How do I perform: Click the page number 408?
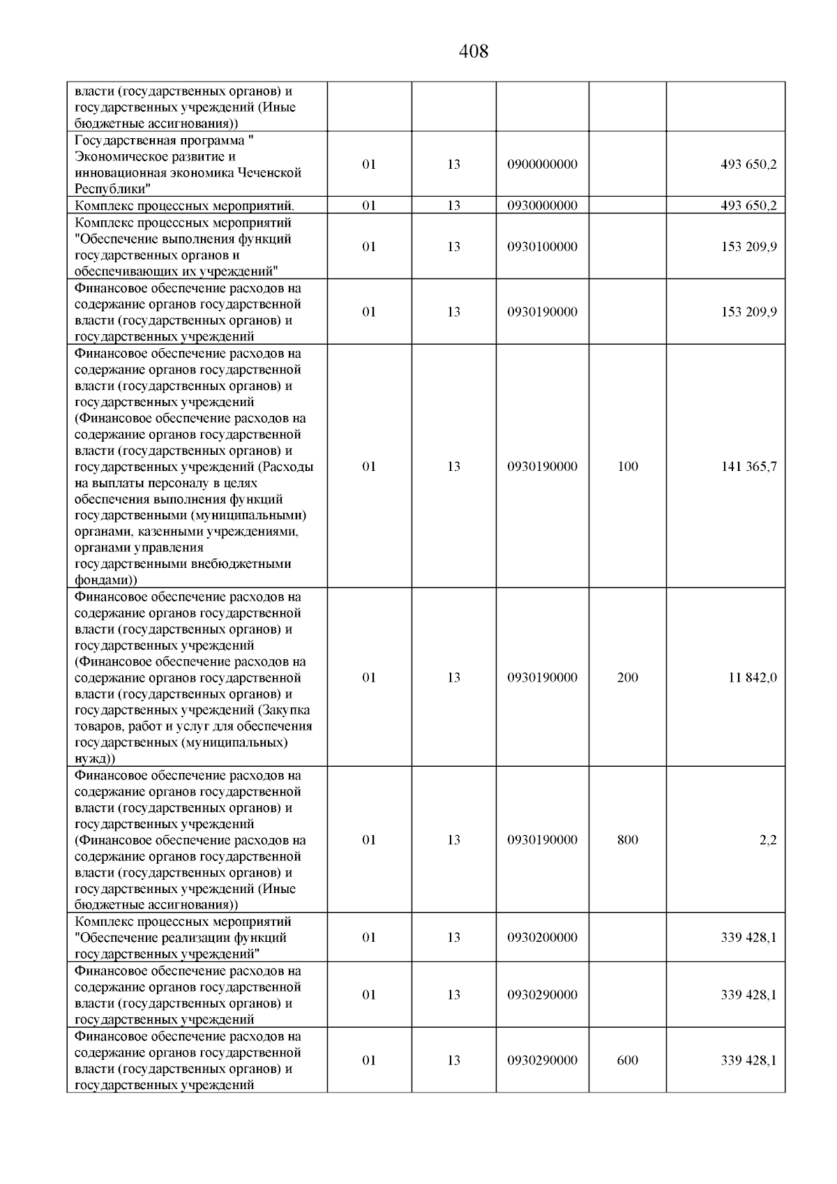(474, 52)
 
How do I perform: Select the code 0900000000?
(542, 165)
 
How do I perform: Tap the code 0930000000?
(542, 205)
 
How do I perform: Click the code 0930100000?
(542, 246)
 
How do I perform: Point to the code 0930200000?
(542, 937)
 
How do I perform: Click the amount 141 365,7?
(748, 466)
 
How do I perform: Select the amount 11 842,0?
(753, 677)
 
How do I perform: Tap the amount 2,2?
(767, 840)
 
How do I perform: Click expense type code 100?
(628, 466)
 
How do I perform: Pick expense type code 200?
(628, 677)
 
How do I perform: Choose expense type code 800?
(628, 840)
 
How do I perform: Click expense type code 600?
(628, 1060)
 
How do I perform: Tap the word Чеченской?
(269, 172)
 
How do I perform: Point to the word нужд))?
(95, 758)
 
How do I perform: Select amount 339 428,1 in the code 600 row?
(748, 1060)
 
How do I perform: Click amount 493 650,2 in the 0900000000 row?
(748, 165)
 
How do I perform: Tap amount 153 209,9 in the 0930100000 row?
(748, 246)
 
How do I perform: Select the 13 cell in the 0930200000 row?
(453, 937)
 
